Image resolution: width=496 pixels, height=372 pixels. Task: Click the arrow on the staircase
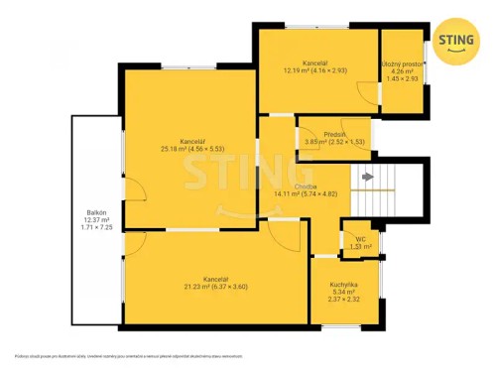tap(368, 177)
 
